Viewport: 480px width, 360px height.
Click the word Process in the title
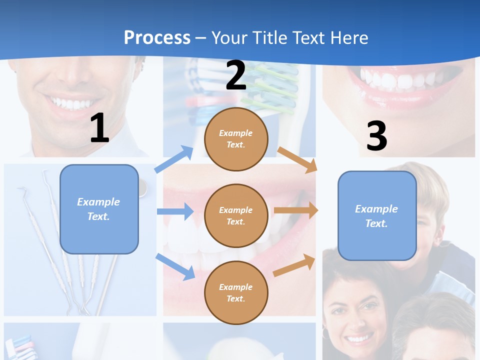(157, 37)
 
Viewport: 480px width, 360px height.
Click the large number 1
(99, 128)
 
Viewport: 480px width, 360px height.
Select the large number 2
(236, 75)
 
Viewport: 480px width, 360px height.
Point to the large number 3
(376, 136)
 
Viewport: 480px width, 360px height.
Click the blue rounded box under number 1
(99, 209)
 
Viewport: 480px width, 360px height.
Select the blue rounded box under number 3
(377, 215)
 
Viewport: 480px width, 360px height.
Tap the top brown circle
(236, 139)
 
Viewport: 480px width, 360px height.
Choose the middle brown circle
(236, 215)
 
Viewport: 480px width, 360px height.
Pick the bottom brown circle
(236, 292)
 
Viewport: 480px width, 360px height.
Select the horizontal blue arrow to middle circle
(175, 211)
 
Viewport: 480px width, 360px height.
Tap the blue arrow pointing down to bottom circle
(175, 266)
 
